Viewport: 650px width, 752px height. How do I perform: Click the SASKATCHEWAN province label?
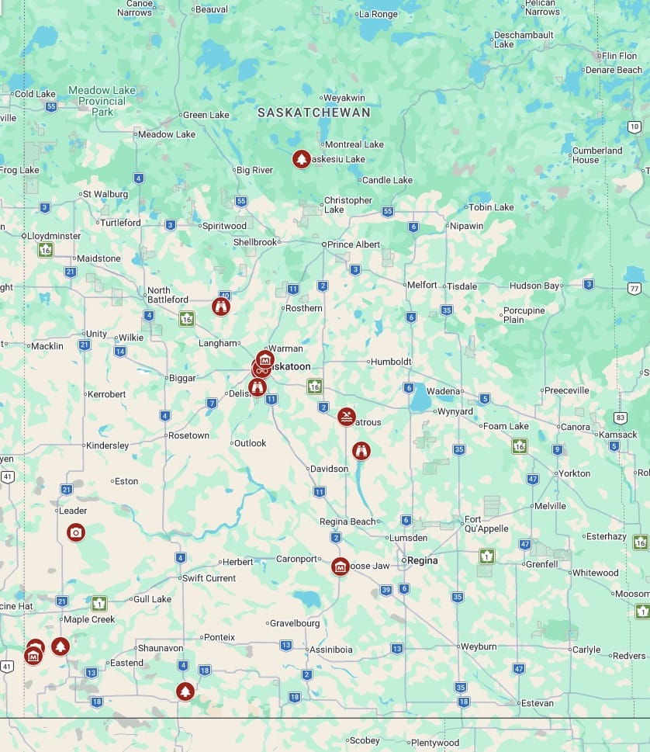tap(313, 113)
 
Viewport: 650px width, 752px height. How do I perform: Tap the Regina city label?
tap(422, 560)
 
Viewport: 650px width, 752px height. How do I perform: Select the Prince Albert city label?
tap(354, 244)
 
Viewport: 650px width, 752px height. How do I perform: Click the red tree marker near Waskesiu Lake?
tap(301, 159)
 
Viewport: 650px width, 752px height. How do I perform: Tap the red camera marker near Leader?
tap(75, 532)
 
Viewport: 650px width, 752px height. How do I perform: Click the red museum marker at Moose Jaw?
tap(340, 567)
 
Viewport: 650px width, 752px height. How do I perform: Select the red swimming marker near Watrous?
tap(346, 417)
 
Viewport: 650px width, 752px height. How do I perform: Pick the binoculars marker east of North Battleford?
tap(221, 307)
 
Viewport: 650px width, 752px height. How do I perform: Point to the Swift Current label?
tap(209, 578)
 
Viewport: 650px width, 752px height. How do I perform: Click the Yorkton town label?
tap(574, 473)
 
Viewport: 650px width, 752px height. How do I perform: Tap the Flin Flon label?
tap(619, 56)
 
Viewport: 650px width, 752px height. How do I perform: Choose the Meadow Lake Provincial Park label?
tap(102, 101)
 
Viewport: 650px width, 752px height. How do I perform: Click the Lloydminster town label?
tap(54, 235)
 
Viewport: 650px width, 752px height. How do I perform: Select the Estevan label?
tap(538, 703)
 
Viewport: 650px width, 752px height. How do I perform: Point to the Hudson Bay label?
tap(534, 286)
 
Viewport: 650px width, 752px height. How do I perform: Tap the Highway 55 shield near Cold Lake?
tap(51, 106)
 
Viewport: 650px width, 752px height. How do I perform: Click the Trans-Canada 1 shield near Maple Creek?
tap(99, 603)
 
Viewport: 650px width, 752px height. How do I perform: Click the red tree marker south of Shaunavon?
tap(185, 691)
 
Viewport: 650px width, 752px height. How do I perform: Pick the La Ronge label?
tap(379, 14)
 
